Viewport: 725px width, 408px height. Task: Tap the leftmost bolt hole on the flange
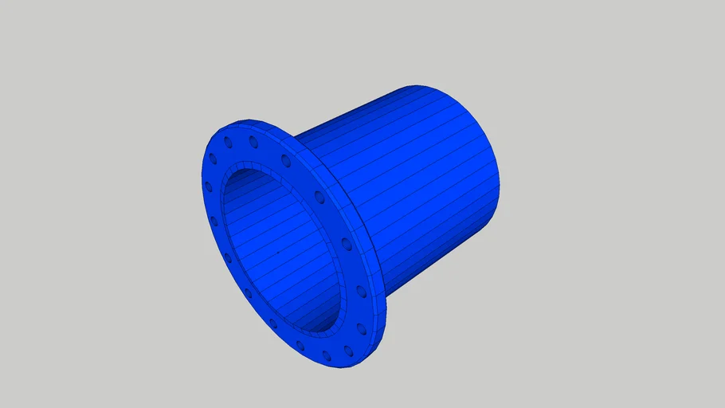click(x=209, y=186)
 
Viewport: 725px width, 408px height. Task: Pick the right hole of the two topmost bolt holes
click(x=253, y=141)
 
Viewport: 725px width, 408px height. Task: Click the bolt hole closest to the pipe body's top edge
click(x=286, y=160)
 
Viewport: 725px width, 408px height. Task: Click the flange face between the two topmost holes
click(x=241, y=141)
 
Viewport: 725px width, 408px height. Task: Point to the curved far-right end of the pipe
click(x=499, y=183)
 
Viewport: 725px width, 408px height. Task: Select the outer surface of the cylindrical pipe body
click(x=414, y=175)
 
